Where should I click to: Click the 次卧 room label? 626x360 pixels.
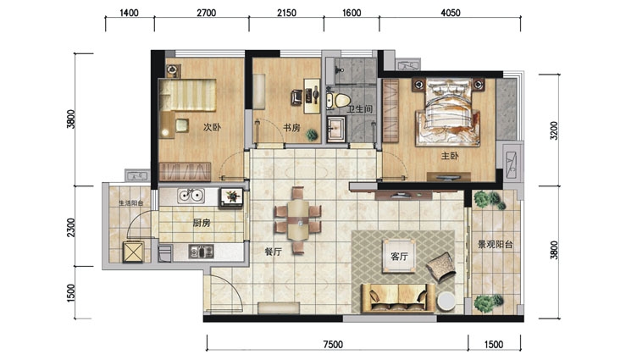[x=212, y=127]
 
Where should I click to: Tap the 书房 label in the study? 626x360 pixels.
[x=291, y=128]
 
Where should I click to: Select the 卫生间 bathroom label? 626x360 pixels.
[x=359, y=109]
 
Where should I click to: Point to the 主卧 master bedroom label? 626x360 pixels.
[x=450, y=156]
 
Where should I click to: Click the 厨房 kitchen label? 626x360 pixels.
[x=202, y=223]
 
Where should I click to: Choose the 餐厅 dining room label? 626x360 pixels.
[x=274, y=252]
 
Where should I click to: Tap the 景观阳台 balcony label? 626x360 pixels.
[x=495, y=245]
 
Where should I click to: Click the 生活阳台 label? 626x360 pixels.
[x=131, y=203]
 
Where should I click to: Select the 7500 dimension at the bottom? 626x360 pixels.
[x=333, y=344]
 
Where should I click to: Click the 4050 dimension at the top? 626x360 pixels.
[x=451, y=13]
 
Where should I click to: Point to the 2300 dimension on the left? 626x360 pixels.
[x=70, y=227]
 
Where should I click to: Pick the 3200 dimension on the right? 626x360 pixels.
[x=554, y=130]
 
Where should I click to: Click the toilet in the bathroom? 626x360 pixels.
[x=339, y=100]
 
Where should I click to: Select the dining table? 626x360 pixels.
[x=298, y=220]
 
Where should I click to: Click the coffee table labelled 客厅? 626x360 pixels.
[x=398, y=256]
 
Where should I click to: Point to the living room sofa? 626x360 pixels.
[x=398, y=297]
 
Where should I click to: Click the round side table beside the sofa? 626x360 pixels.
[x=446, y=301]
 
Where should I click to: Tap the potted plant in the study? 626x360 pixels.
[x=312, y=135]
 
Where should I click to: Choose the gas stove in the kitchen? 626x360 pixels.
[x=201, y=252]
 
